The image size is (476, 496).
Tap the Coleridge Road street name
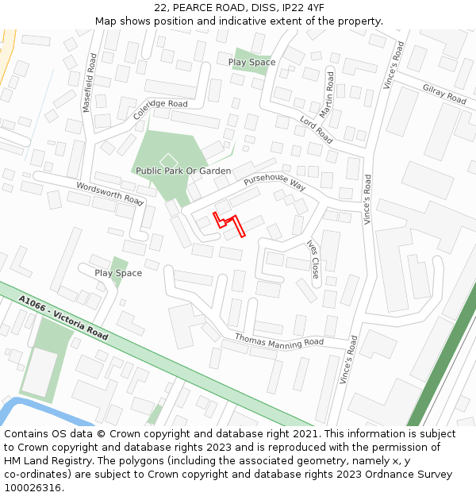160,108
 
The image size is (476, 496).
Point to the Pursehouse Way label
274,183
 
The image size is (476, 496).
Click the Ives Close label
313,260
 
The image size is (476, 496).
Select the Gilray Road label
444,94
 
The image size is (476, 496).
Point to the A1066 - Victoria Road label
63,317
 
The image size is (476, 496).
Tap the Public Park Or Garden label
183,171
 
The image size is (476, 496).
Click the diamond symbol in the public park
164,160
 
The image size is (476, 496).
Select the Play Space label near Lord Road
251,62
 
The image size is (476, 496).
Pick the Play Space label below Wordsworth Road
118,273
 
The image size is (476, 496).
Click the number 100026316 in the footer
33,487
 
